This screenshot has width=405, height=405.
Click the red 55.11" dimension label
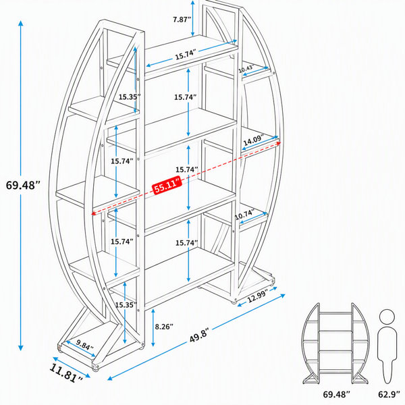[167, 185]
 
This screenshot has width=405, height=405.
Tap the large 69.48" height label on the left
[23, 185]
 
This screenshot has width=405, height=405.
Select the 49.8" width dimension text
[199, 335]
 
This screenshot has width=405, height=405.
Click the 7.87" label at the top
[182, 20]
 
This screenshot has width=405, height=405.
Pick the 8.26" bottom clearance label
[164, 327]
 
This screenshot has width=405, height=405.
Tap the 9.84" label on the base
[85, 344]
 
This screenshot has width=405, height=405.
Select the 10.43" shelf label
[246, 68]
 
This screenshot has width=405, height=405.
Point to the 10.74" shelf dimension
[245, 215]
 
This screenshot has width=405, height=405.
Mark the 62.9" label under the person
[387, 394]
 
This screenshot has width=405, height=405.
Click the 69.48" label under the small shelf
[336, 394]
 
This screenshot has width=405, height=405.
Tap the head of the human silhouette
[387, 317]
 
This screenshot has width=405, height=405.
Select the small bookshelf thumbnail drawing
[335, 344]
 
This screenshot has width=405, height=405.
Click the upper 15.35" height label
[130, 97]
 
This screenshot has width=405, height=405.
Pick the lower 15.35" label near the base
[126, 305]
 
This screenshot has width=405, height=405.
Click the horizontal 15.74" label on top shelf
[186, 55]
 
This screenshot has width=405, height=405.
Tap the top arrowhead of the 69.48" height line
[21, 23]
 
